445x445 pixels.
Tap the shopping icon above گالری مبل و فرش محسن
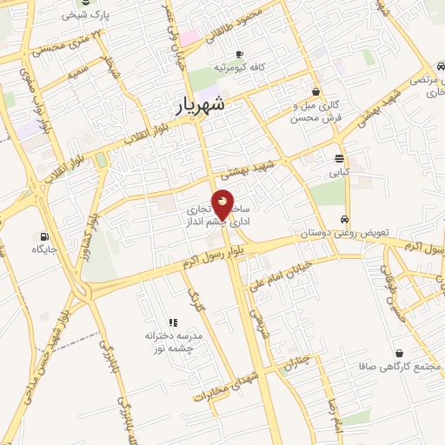[x=315, y=90]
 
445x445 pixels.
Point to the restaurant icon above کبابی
[x=339, y=158]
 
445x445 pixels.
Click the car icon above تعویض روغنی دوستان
[x=345, y=219]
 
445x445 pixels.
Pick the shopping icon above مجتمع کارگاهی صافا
[x=399, y=353]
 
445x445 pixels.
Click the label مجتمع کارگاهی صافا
[x=400, y=367]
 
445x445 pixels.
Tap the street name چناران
[x=297, y=362]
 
